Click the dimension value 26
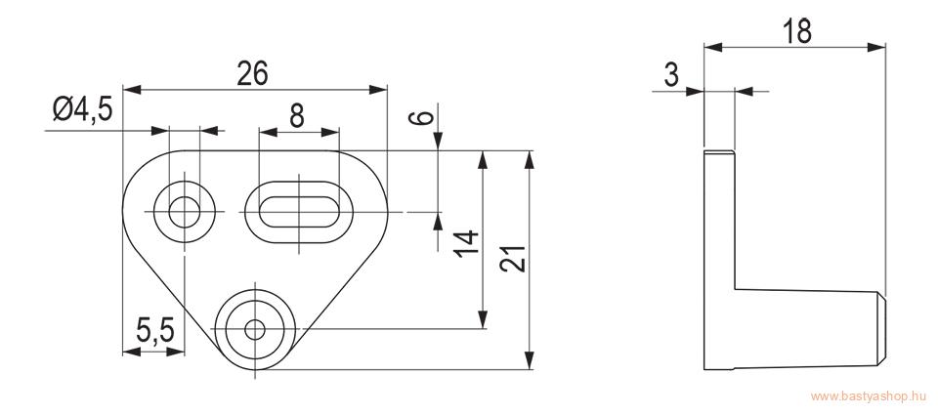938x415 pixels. [252, 74]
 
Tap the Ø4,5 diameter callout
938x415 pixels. [82, 110]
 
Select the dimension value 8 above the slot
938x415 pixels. [297, 116]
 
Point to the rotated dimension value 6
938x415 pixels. [422, 116]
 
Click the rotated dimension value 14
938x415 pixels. [466, 243]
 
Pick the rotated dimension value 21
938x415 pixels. [513, 259]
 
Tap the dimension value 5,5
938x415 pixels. [154, 331]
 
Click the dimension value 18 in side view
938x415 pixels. [797, 31]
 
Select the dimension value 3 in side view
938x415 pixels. [672, 75]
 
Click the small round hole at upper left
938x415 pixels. [185, 212]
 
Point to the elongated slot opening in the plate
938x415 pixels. [299, 212]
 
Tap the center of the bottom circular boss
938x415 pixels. [255, 329]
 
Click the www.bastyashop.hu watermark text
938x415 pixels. [869, 396]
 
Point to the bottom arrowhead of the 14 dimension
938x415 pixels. [482, 319]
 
